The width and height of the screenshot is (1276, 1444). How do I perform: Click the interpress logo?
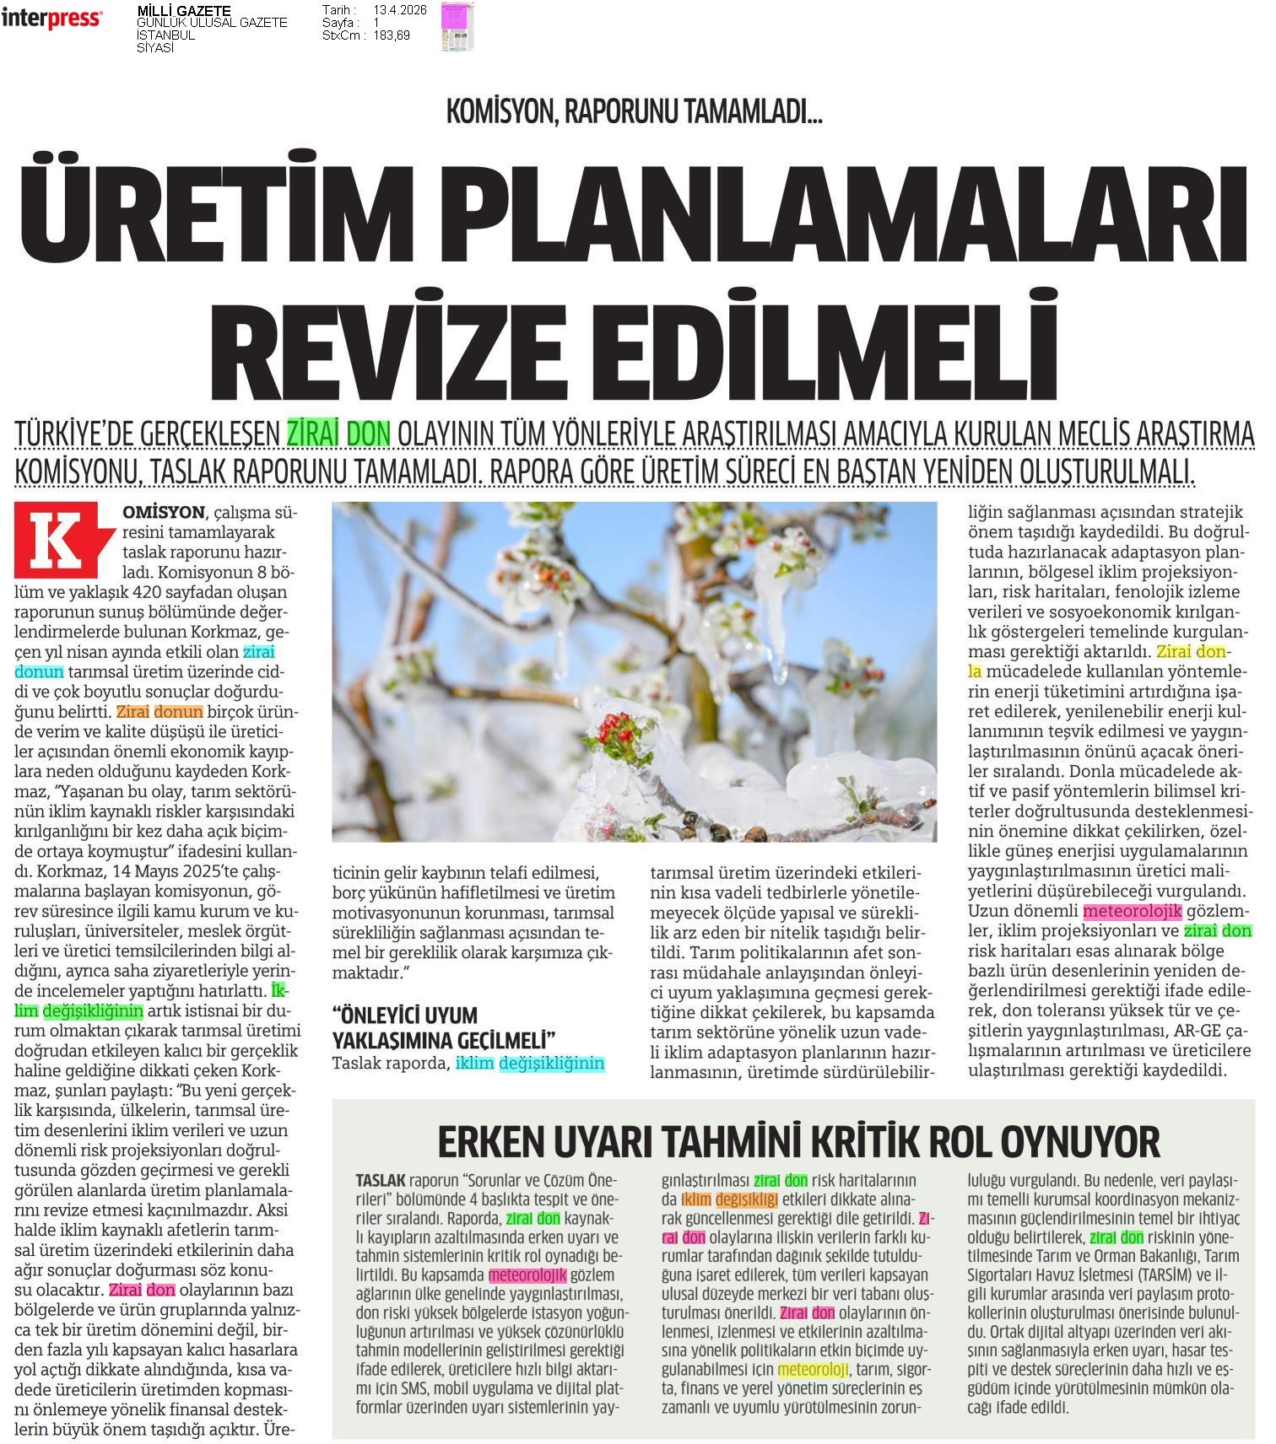coord(51,19)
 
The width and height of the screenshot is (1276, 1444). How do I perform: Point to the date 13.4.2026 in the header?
coord(400,10)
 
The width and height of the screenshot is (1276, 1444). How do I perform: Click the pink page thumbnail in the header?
coord(457,25)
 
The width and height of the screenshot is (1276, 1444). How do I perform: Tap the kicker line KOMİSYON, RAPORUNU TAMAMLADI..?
coord(634,112)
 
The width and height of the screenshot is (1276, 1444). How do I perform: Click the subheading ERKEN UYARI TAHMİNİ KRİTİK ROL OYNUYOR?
coord(798,1142)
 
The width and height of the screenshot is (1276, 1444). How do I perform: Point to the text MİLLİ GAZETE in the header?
coord(183,11)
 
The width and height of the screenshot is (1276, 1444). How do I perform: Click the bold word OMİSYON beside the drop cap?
coord(163,512)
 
